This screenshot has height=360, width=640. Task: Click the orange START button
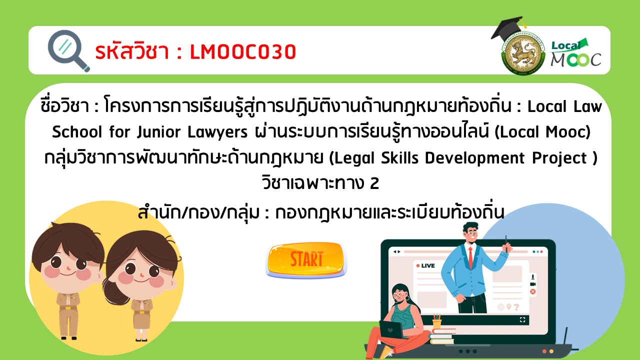[306, 260]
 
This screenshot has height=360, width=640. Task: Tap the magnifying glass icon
[68, 51]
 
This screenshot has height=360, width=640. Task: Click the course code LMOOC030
[243, 52]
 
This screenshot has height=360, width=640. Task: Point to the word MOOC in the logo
[575, 60]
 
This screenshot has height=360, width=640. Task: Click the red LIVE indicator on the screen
[425, 265]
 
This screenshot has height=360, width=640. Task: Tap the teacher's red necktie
[470, 257]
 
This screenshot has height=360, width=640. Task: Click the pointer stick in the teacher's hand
[506, 243]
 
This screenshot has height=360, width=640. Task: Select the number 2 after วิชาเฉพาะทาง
[374, 183]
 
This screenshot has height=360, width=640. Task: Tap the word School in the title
[77, 132]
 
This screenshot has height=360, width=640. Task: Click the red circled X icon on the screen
[532, 291]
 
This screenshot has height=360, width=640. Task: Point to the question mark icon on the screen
[516, 307]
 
